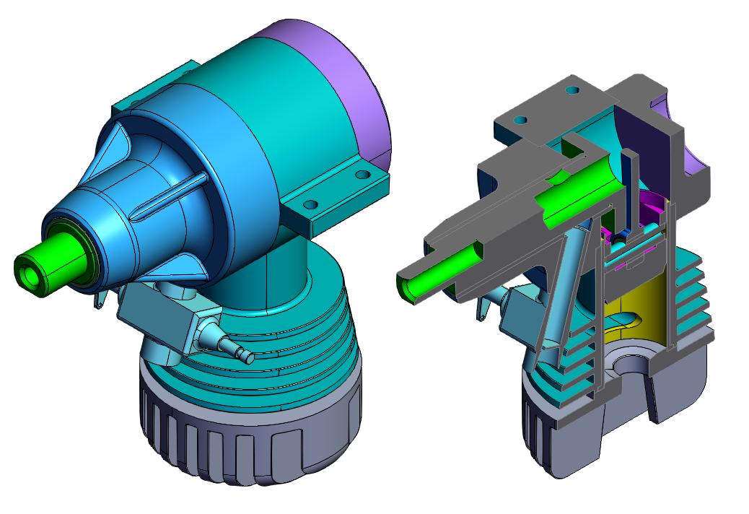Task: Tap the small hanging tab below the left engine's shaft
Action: click(x=99, y=299)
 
